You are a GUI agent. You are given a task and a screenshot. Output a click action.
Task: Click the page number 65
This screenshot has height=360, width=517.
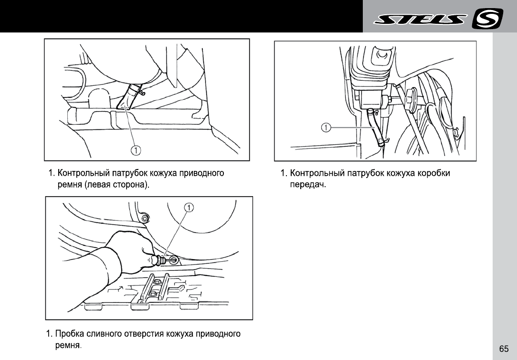[504, 349]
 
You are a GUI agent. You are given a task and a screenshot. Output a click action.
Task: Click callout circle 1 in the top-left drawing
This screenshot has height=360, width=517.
[136, 150]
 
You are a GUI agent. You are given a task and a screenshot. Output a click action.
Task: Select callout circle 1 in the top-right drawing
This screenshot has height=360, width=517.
[326, 127]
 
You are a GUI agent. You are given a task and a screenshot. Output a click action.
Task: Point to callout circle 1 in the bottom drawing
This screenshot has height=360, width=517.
[190, 207]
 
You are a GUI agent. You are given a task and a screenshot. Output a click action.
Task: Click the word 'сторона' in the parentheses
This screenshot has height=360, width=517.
[130, 184]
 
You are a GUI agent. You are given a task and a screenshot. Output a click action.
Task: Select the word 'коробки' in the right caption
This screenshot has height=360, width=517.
[433, 173]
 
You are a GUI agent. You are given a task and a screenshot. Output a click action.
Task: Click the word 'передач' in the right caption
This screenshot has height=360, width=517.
[307, 184]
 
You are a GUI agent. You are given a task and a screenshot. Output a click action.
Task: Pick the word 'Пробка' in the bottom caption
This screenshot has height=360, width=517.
[69, 333]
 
